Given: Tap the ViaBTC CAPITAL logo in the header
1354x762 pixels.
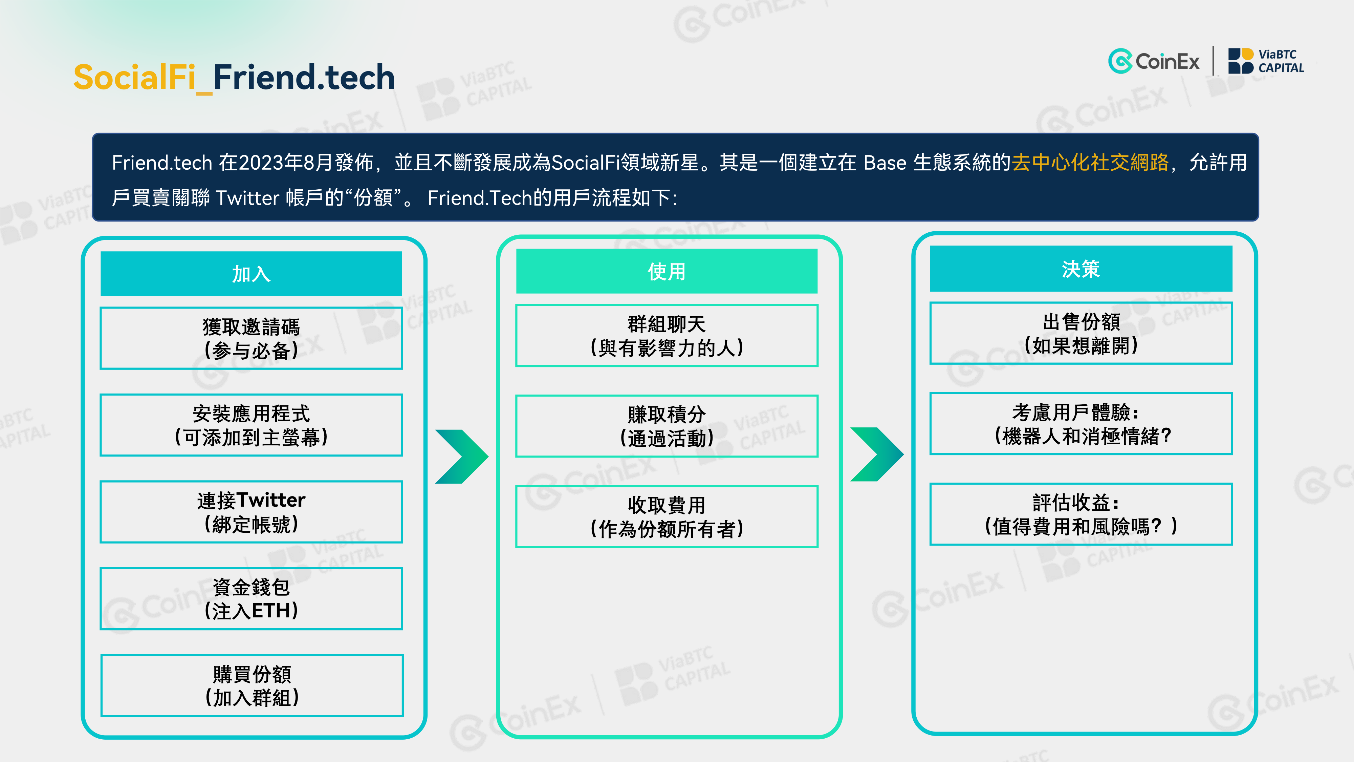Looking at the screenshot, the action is (1266, 61).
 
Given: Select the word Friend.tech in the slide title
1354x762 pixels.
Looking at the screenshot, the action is (304, 77).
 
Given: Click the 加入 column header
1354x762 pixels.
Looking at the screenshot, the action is (251, 273).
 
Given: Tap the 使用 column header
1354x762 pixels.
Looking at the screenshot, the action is (667, 271).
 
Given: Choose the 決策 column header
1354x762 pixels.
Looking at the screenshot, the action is (1081, 269).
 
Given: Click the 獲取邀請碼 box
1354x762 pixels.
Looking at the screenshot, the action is (251, 338).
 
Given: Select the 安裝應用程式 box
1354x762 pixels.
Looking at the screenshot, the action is (251, 425).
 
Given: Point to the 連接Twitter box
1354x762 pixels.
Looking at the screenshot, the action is (251, 512).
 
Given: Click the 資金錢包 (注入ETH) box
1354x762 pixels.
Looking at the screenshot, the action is (251, 598).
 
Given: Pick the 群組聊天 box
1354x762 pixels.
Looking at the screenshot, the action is (667, 336).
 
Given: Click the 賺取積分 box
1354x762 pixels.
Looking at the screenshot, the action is (667, 426).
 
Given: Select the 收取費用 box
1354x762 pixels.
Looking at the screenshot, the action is (667, 516).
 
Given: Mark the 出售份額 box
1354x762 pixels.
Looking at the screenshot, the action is (1081, 333).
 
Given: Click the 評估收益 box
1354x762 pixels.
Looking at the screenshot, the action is (1081, 514).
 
